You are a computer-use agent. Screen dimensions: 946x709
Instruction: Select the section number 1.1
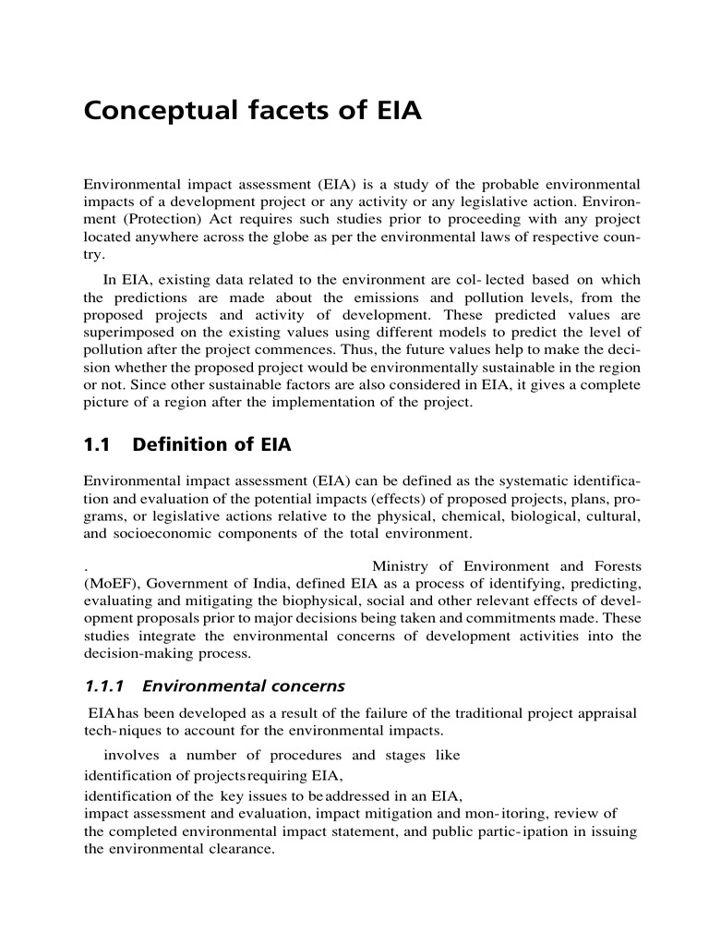click(x=97, y=444)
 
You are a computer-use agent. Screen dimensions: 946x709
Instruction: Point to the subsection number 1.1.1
click(x=104, y=685)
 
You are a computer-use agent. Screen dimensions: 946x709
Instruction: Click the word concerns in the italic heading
click(x=303, y=685)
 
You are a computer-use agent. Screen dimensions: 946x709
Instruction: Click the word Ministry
click(x=399, y=565)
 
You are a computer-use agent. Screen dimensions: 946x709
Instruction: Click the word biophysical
click(x=330, y=600)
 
